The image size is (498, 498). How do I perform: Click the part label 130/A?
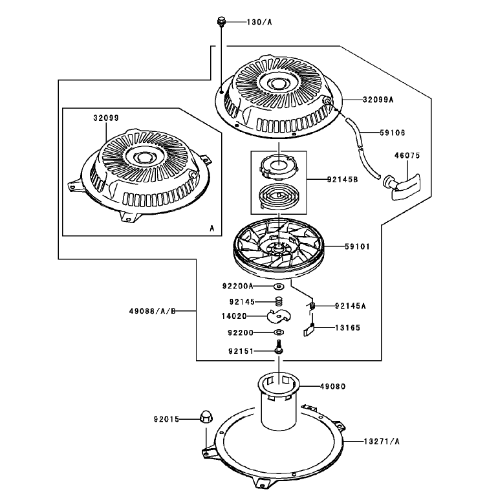[x=259, y=22]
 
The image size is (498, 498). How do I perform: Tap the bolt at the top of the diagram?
[x=221, y=22]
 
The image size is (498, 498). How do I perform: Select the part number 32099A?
[x=378, y=100]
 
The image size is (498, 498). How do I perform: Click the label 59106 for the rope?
[x=393, y=133]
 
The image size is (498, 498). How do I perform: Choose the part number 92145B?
[x=342, y=179]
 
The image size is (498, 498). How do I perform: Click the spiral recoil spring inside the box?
[x=279, y=197]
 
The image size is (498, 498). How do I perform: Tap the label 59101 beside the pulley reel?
[x=358, y=246]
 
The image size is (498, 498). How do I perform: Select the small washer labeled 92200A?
[x=279, y=287]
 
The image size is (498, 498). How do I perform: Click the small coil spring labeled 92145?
[x=279, y=301]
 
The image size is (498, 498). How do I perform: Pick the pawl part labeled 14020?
[x=279, y=316]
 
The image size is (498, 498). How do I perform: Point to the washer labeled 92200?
[x=279, y=332]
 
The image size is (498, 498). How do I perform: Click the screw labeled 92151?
[x=279, y=346]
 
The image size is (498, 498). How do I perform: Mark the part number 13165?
[x=348, y=328]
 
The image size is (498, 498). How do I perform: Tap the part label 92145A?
[x=351, y=306]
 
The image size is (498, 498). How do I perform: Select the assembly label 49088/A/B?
[x=153, y=311]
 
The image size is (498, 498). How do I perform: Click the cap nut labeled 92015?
[x=206, y=417]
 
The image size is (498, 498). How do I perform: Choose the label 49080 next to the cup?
[x=333, y=387]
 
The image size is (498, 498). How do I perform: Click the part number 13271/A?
[x=382, y=442]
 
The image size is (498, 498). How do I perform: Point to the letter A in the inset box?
[x=212, y=228]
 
